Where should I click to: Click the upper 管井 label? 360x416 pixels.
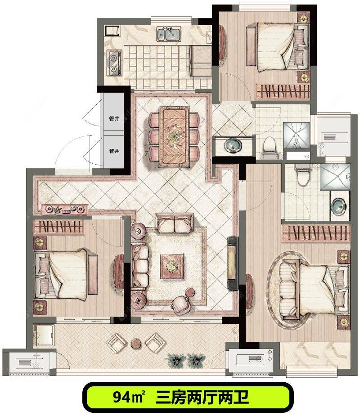(x=114, y=119)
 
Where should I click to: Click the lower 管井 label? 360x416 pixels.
(x=114, y=151)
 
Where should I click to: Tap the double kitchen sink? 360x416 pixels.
(x=169, y=34)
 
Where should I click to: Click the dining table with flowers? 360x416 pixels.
(x=174, y=136)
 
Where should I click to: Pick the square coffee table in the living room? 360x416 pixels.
(x=172, y=266)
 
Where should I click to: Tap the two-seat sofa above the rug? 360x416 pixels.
(x=175, y=224)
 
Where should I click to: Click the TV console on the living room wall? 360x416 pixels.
(x=233, y=263)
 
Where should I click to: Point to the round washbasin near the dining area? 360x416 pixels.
(x=233, y=146)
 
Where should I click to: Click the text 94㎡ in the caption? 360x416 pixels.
(x=129, y=397)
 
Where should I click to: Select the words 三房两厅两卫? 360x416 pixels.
(x=202, y=397)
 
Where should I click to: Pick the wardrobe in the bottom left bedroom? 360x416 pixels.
(x=58, y=227)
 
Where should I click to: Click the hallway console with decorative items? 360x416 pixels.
(x=65, y=209)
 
